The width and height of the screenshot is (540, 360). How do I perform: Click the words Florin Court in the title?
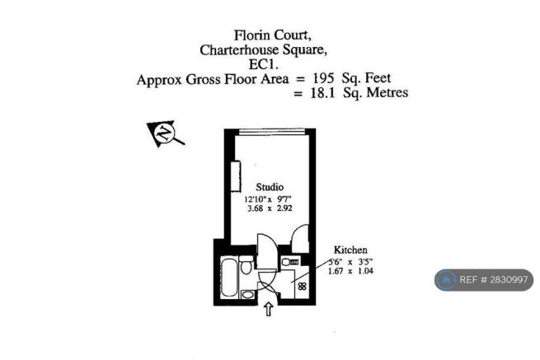pos(270,35)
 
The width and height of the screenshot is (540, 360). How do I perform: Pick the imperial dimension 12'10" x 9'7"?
pos(269,199)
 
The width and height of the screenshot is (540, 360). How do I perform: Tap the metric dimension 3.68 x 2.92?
pos(269,209)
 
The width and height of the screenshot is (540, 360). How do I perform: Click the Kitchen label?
pos(350,249)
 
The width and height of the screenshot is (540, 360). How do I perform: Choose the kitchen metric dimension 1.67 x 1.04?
pos(351,270)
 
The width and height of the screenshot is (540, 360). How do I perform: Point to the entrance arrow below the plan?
pos(268,310)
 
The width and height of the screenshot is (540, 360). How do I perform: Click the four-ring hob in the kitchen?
pos(303,288)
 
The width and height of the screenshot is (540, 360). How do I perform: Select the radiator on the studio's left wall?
pos(236,175)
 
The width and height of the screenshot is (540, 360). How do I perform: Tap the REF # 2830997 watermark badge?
pos(484,280)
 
